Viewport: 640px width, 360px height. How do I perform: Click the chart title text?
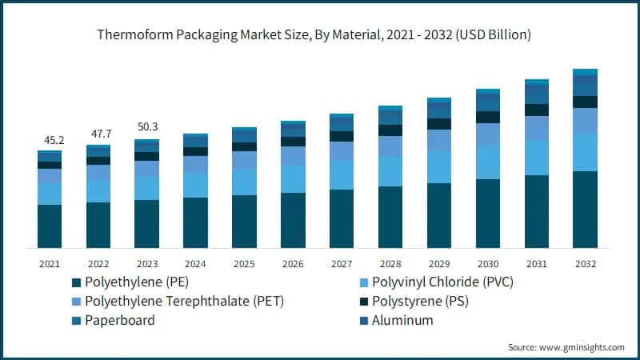coord(320,35)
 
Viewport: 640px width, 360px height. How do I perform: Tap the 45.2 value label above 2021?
coord(50,141)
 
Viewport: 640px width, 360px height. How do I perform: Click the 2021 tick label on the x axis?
coord(50,262)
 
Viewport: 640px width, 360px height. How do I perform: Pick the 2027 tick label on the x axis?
coord(342,262)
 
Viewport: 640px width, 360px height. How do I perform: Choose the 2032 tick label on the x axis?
coord(585,262)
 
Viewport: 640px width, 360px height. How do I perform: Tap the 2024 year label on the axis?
coord(195,262)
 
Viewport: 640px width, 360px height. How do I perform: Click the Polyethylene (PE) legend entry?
coord(136,282)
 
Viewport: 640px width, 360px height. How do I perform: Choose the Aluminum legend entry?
coord(404,320)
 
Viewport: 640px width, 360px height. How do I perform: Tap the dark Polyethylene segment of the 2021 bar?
coord(50,226)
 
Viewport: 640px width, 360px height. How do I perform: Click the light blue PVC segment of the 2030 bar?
coord(488,162)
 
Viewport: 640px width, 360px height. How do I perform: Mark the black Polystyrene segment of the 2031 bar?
coord(537,110)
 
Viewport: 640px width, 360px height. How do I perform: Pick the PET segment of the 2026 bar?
coord(293,155)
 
